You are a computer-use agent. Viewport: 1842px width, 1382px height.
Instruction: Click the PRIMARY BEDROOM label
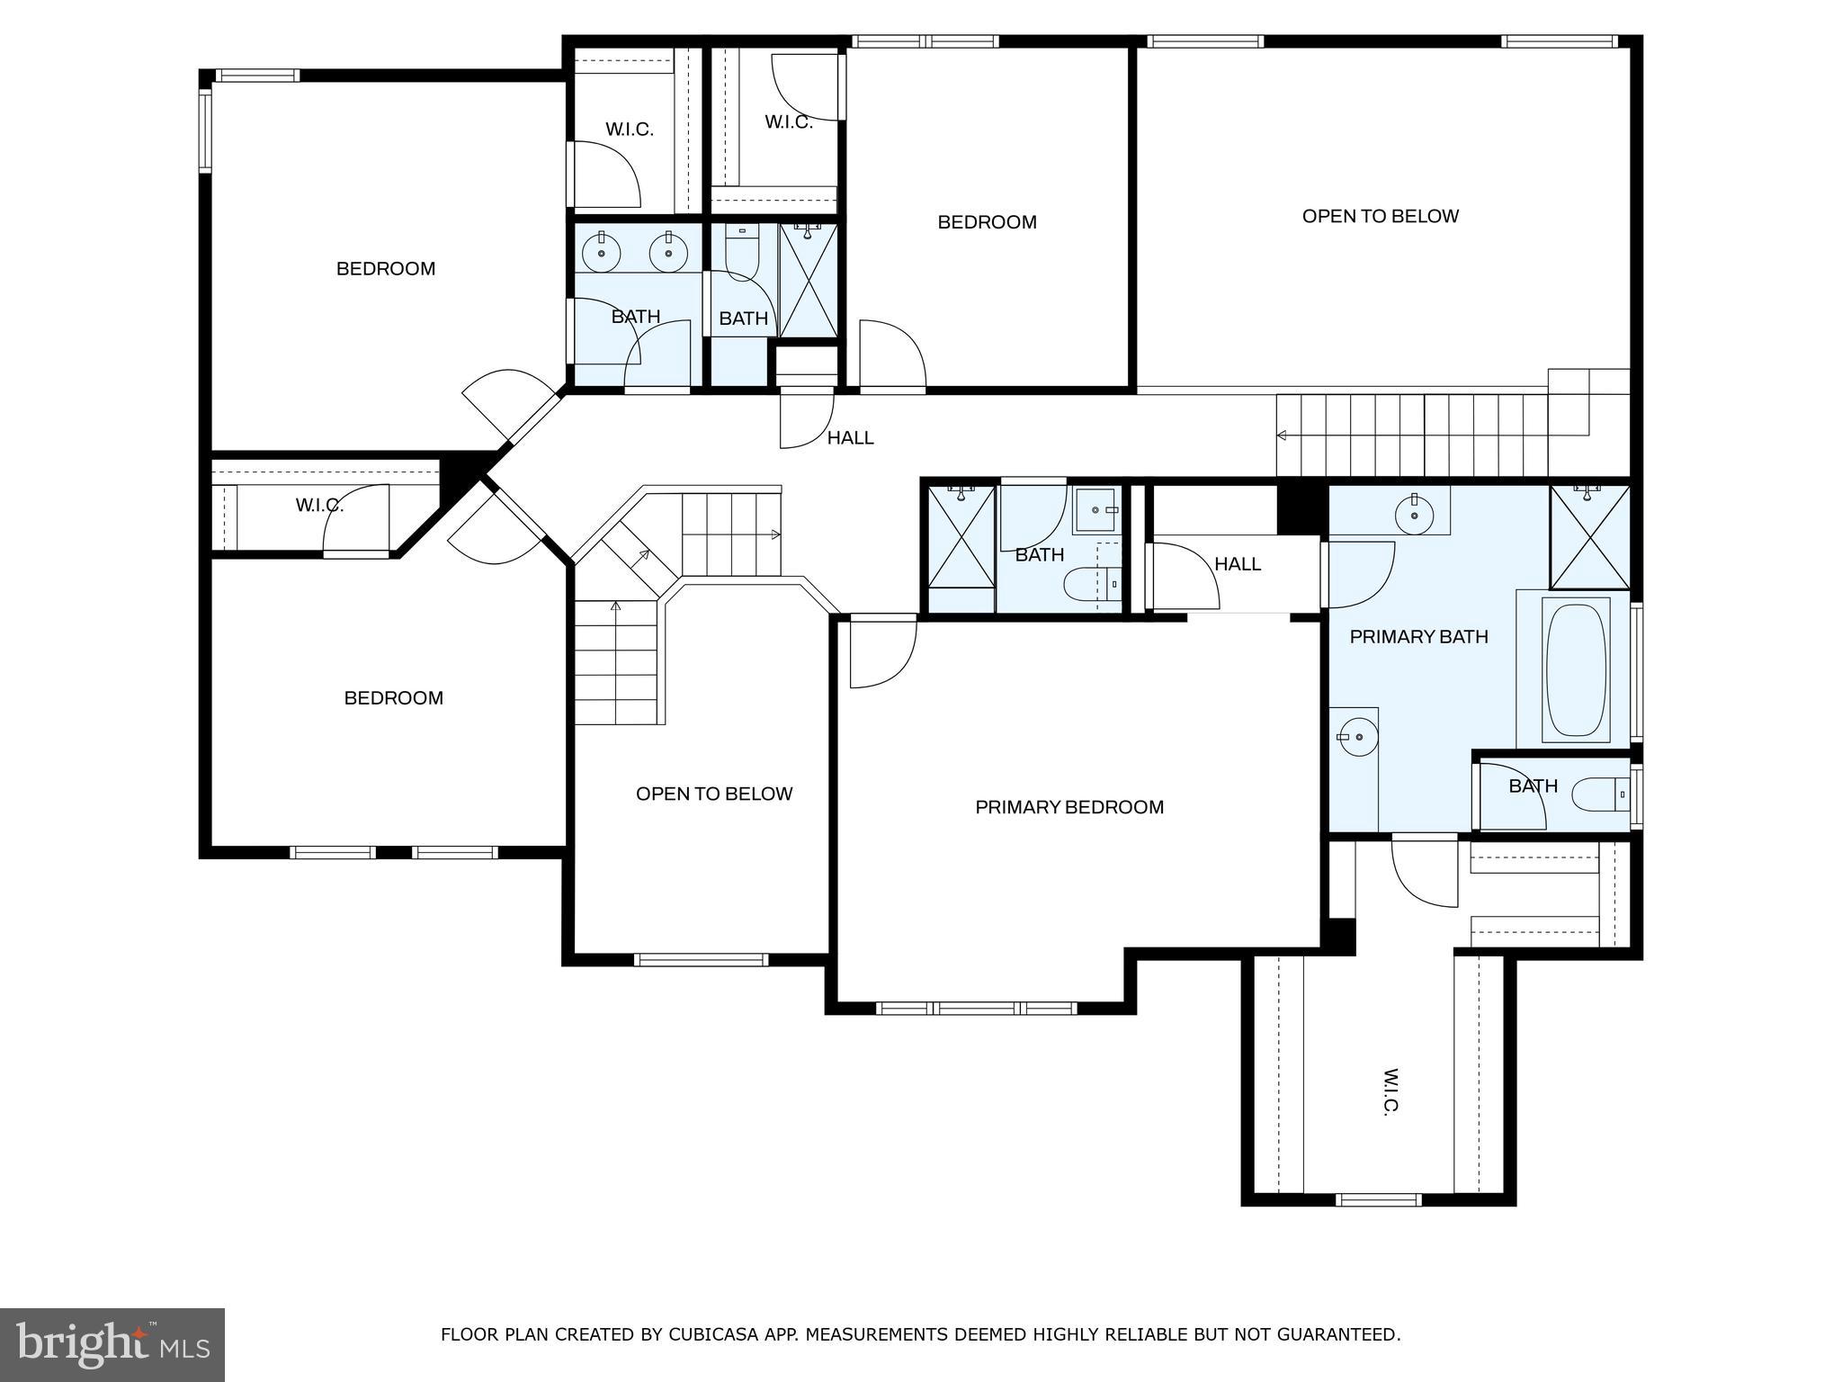tap(1069, 807)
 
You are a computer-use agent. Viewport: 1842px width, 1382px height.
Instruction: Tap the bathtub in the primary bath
tap(1576, 669)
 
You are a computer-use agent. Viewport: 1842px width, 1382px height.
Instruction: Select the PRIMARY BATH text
tap(1418, 637)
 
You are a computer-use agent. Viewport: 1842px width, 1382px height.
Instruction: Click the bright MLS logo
tap(112, 1344)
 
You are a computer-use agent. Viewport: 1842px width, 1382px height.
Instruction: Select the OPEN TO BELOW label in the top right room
tap(1380, 216)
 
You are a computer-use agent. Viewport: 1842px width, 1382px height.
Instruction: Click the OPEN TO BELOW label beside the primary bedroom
tap(714, 794)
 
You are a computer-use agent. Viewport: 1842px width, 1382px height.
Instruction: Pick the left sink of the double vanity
tap(601, 254)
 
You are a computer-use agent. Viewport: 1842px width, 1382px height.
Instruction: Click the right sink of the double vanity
tap(668, 254)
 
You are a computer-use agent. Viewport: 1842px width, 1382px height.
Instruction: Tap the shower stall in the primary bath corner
tap(1590, 537)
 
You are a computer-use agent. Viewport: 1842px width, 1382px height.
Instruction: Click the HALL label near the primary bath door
tap(1238, 564)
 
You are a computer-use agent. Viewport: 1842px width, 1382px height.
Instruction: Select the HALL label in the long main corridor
tap(850, 438)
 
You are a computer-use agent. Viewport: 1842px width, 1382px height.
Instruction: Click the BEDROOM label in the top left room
tap(386, 268)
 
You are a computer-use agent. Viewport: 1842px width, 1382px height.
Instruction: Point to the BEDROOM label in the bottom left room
tap(393, 698)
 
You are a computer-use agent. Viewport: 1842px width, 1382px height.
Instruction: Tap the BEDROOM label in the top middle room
tap(987, 222)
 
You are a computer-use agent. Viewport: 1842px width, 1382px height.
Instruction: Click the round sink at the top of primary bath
tap(1414, 516)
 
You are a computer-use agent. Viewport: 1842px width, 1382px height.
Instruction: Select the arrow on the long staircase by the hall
tap(1283, 435)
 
